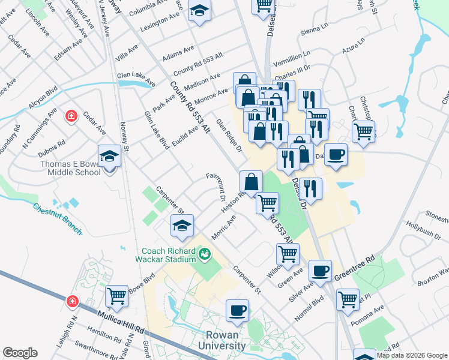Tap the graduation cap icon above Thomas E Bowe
coord(110,157)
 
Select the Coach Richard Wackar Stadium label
coord(169,255)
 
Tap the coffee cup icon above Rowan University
coord(238,310)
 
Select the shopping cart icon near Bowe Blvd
coord(116,295)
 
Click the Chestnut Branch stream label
coord(57,218)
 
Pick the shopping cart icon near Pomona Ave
coord(348,299)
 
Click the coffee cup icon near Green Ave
coord(320,270)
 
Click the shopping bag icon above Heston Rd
coord(251,181)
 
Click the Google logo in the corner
coord(20,353)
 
